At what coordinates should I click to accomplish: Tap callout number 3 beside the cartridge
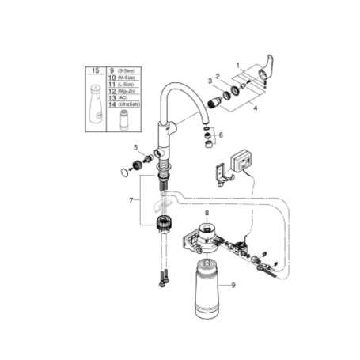(210, 81)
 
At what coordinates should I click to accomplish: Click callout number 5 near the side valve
(135, 148)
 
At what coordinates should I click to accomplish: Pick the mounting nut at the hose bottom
(163, 222)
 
